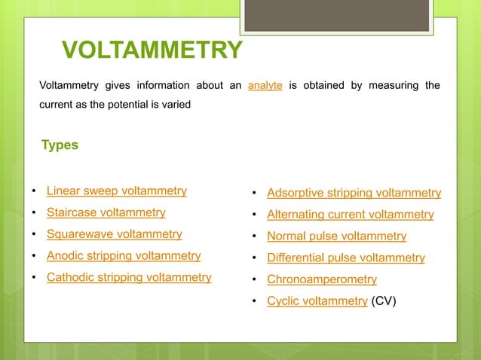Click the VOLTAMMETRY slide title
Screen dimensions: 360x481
(x=152, y=51)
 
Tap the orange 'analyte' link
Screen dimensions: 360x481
(x=265, y=85)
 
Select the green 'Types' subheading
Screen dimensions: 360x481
(x=60, y=145)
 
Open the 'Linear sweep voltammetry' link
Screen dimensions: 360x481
(x=117, y=191)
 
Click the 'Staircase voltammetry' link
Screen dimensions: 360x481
(x=106, y=212)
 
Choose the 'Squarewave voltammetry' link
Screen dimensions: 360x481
(x=115, y=234)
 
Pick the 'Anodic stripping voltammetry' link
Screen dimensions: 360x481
(x=124, y=255)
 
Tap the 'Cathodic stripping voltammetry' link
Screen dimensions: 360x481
(x=129, y=277)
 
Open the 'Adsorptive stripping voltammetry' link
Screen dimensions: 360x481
(x=354, y=193)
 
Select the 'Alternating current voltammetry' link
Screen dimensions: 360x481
(x=351, y=215)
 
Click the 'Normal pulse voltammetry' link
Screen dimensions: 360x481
(x=337, y=236)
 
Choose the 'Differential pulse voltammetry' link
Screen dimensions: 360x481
(x=346, y=258)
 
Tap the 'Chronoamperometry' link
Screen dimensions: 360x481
(x=322, y=279)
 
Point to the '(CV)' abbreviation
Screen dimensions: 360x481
(x=383, y=301)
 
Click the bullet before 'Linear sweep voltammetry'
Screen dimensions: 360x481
(x=35, y=191)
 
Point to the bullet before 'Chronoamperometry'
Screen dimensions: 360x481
(x=256, y=280)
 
